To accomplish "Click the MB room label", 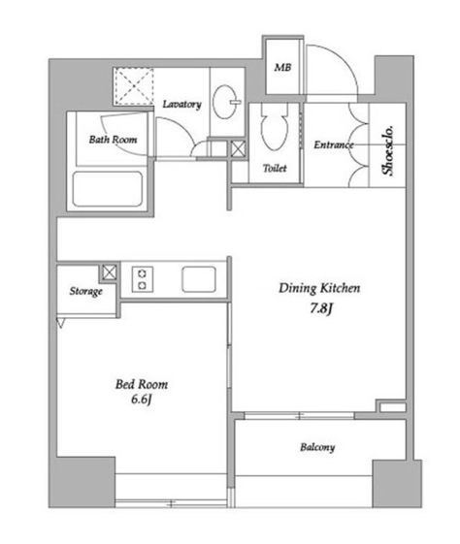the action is tap(282, 67).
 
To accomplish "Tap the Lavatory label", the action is tap(181, 104).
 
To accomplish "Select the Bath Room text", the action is tap(113, 140).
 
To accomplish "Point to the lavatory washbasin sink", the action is tap(226, 102).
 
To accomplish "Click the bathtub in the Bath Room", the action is tap(108, 189).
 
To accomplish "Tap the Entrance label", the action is tap(334, 144).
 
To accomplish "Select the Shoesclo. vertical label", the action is tap(388, 150).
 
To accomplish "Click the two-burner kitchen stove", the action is tap(143, 279).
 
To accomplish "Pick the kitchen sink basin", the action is tap(199, 279).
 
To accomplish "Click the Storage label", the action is tap(85, 291).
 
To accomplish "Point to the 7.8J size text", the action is tap(321, 308).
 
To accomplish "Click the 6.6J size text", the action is tap(142, 400).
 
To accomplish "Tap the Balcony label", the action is tap(317, 447).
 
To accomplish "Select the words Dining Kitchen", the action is tap(319, 288).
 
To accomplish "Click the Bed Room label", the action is tap(142, 384).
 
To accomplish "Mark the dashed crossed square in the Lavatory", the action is tap(134, 86).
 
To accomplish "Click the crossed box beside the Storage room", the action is tap(110, 272).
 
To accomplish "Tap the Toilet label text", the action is tap(275, 169).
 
